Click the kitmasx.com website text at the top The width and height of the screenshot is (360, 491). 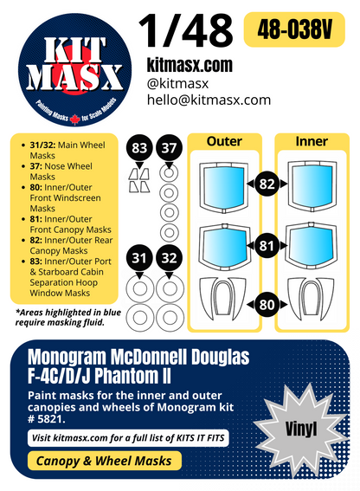click(x=190, y=65)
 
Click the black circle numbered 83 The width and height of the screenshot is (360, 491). click(x=139, y=150)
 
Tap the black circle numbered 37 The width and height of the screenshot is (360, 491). click(x=170, y=150)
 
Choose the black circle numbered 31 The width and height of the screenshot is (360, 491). click(x=139, y=258)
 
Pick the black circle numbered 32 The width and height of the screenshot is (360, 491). click(x=170, y=258)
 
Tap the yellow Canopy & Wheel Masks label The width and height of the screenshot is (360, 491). click(x=104, y=461)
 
